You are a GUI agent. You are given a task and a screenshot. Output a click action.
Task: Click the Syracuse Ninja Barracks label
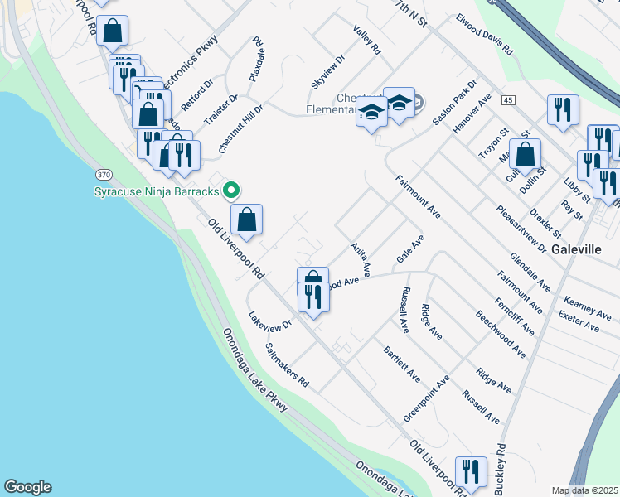(x=155, y=192)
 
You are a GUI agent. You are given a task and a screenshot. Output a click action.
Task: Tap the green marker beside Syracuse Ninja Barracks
(x=233, y=191)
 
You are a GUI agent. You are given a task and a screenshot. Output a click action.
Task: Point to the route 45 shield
(x=508, y=100)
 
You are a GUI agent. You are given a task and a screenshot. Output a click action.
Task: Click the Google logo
(x=27, y=487)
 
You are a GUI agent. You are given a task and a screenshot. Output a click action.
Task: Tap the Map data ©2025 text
(x=584, y=490)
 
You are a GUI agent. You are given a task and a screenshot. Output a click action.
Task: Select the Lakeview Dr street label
(x=270, y=320)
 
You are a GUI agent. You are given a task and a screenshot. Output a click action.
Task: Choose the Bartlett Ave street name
(x=404, y=364)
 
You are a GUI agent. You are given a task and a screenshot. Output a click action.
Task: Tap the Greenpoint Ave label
(x=426, y=398)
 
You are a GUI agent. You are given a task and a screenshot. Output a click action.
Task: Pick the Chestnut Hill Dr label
(x=241, y=129)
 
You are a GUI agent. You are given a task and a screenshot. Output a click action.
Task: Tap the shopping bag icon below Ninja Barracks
(x=247, y=219)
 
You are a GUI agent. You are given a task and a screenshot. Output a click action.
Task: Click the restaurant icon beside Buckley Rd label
(x=471, y=471)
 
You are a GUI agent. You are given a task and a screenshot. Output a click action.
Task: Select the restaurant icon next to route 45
(x=563, y=109)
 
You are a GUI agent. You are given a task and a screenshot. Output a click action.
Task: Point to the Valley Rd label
(x=366, y=40)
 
